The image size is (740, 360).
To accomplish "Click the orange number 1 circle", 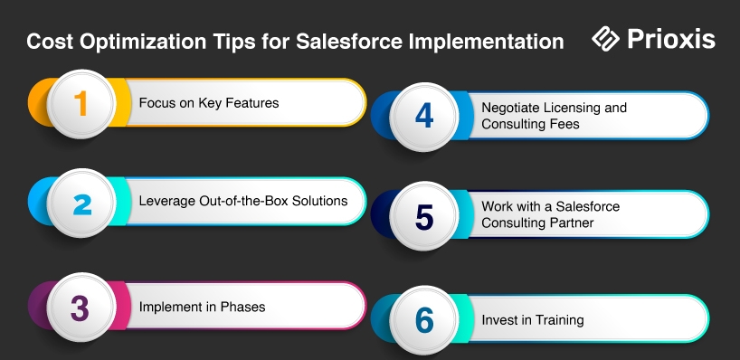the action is coord(81,103).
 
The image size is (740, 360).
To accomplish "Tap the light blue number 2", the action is coord(82,204).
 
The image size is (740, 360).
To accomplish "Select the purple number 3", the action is coord(80,308).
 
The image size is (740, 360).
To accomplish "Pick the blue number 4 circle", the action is coord(423,117).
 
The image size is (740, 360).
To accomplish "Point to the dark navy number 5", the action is coord(424,217).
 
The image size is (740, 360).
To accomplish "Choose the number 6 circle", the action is coord(423,320).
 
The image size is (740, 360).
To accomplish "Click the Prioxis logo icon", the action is coord(605,39).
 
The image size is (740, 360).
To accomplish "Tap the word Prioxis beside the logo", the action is coord(671,39).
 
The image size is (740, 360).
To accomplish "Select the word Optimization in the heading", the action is coord(143,42).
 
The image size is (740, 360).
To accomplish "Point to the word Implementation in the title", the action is coord(486,42).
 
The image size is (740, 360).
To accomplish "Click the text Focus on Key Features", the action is coord(209,103).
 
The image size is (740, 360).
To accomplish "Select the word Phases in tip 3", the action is coord(242,307).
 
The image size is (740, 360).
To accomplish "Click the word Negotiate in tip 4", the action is coord(510,108).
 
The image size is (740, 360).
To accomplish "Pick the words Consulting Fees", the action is coord(530,124).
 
